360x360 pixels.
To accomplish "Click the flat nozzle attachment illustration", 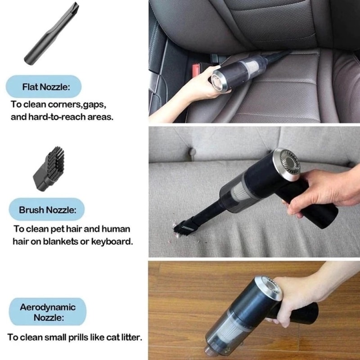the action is pyautogui.click(x=51, y=33).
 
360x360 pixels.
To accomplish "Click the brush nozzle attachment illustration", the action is pyautogui.click(x=49, y=169).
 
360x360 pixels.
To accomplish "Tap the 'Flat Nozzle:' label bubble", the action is pyautogui.click(x=44, y=86).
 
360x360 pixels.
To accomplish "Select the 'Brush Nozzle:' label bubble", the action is pyautogui.click(x=47, y=210).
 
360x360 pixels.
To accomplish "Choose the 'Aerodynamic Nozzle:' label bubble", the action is pyautogui.click(x=48, y=312).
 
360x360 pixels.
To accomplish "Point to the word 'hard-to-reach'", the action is pyautogui.click(x=54, y=117).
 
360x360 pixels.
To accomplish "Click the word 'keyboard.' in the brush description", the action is pyautogui.click(x=112, y=242).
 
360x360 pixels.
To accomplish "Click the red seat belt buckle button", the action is pyautogui.click(x=195, y=70).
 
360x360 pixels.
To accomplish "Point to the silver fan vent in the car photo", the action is pyautogui.click(x=219, y=82).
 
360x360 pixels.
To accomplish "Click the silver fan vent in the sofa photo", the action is pyautogui.click(x=287, y=164).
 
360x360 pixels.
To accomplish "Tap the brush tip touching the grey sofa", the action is pyautogui.click(x=183, y=228).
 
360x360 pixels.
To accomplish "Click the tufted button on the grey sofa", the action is pyautogui.click(x=192, y=152).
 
